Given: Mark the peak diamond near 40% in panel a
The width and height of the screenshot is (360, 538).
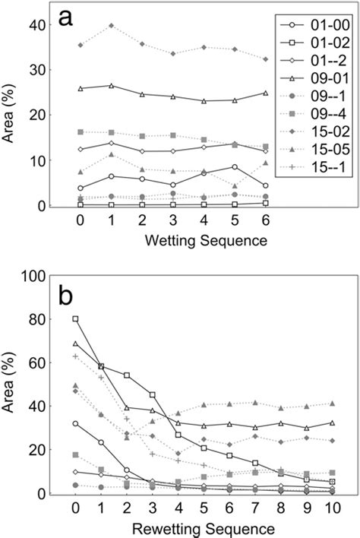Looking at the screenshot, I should click(113, 26).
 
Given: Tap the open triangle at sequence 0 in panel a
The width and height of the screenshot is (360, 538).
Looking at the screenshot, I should click(81, 89).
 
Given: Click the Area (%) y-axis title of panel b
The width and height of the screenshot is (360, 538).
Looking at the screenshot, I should click(11, 384).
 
